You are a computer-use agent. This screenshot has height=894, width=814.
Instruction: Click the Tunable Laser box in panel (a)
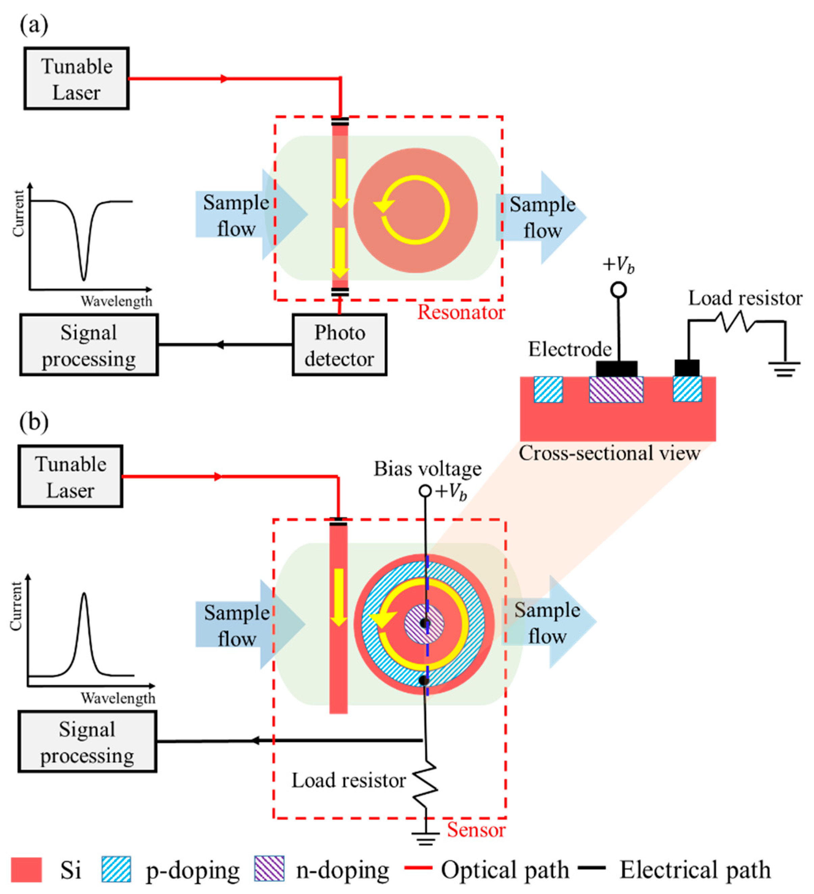76,78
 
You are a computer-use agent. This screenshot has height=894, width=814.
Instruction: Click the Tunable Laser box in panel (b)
71,476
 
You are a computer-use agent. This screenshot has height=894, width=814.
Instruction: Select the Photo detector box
339,345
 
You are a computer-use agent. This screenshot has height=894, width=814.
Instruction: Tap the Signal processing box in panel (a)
88,345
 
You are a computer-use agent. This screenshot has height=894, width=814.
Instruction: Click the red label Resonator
461,313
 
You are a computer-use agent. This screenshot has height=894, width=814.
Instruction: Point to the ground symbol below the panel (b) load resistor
425,838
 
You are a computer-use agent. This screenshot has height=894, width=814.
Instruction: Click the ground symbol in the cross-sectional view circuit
784,369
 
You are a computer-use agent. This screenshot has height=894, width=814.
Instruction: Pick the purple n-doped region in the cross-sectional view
616,389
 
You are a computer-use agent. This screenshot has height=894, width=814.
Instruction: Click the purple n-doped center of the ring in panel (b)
424,624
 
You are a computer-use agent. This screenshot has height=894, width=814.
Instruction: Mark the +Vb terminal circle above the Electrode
619,290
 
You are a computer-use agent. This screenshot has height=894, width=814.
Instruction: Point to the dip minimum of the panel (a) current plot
83,279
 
